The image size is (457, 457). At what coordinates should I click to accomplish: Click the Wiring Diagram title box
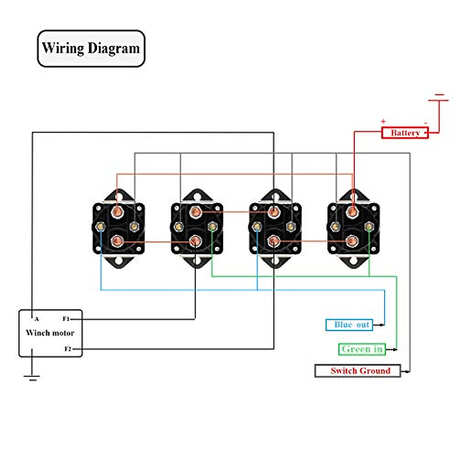[91, 48]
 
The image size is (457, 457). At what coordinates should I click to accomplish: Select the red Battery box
[405, 133]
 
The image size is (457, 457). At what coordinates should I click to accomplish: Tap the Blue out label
[349, 325]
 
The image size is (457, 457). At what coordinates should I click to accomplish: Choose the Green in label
[362, 349]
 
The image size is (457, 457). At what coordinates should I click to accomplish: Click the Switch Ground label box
[358, 371]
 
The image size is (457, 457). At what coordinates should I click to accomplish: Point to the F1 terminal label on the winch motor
[66, 319]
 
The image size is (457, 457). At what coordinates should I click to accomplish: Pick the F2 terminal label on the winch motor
[68, 349]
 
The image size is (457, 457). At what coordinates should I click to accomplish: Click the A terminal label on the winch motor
[37, 319]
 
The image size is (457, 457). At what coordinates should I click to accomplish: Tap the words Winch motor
[50, 333]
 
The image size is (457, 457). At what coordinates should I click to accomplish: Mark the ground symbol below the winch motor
[32, 377]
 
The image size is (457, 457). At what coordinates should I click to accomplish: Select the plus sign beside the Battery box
[383, 121]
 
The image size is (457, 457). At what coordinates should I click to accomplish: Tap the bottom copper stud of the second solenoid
[195, 241]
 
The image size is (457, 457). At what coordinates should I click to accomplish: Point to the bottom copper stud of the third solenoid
[274, 241]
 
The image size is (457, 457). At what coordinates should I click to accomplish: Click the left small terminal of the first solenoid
[101, 227]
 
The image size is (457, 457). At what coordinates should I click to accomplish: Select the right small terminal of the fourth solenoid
[369, 227]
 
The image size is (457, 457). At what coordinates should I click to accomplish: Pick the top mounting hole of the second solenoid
[197, 197]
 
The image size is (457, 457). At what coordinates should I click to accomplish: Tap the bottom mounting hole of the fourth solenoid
[354, 261]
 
